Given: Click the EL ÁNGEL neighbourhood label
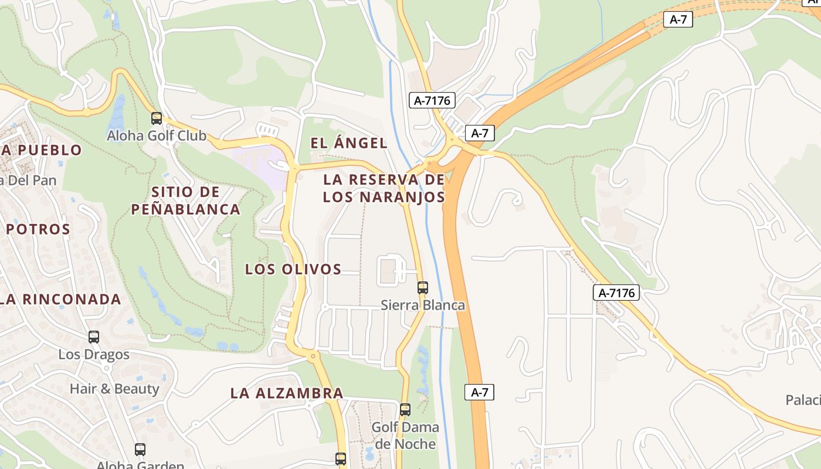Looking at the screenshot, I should click(349, 142).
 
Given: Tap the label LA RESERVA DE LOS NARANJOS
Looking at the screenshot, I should click(384, 188).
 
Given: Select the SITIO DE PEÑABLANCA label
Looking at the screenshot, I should click(186, 200).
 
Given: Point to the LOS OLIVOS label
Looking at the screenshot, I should click(293, 269).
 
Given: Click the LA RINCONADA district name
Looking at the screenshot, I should click(61, 300).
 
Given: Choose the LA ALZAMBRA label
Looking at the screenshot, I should click(287, 393).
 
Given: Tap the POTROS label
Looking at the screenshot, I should click(38, 229).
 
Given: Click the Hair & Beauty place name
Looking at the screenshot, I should click(114, 389).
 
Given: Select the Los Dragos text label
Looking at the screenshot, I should click(94, 355).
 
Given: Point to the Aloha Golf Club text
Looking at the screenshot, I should click(157, 136).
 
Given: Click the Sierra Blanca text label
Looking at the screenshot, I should click(423, 305).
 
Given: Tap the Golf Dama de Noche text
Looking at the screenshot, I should click(405, 435).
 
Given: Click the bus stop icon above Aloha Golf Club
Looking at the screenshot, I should click(157, 118).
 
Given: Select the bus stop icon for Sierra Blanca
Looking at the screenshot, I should click(423, 288).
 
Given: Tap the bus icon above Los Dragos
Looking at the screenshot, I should click(94, 337).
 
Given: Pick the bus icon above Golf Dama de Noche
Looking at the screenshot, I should click(405, 410).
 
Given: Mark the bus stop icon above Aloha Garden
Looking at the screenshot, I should click(140, 450).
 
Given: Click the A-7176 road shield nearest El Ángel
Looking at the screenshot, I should click(432, 101).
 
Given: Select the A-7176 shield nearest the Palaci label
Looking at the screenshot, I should click(616, 293).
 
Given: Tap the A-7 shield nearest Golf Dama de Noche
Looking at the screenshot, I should click(480, 392).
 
